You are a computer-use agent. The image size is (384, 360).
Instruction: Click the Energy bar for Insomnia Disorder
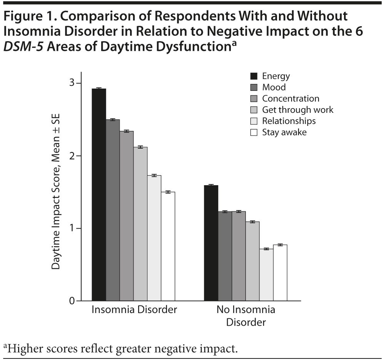tap(99, 194)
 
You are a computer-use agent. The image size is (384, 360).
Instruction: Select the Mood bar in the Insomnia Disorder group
tap(113, 210)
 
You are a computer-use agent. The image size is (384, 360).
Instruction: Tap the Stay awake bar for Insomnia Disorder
tap(168, 246)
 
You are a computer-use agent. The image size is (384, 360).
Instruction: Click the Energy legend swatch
tap(254, 76)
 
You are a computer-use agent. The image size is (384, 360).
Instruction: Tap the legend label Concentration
tap(291, 99)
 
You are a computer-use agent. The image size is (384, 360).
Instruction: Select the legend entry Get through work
tap(297, 110)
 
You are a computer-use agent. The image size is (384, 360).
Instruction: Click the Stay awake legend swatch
tap(254, 132)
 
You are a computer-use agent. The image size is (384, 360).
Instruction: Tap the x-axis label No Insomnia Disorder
tap(245, 315)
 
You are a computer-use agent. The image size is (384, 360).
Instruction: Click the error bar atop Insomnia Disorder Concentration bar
tap(127, 131)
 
